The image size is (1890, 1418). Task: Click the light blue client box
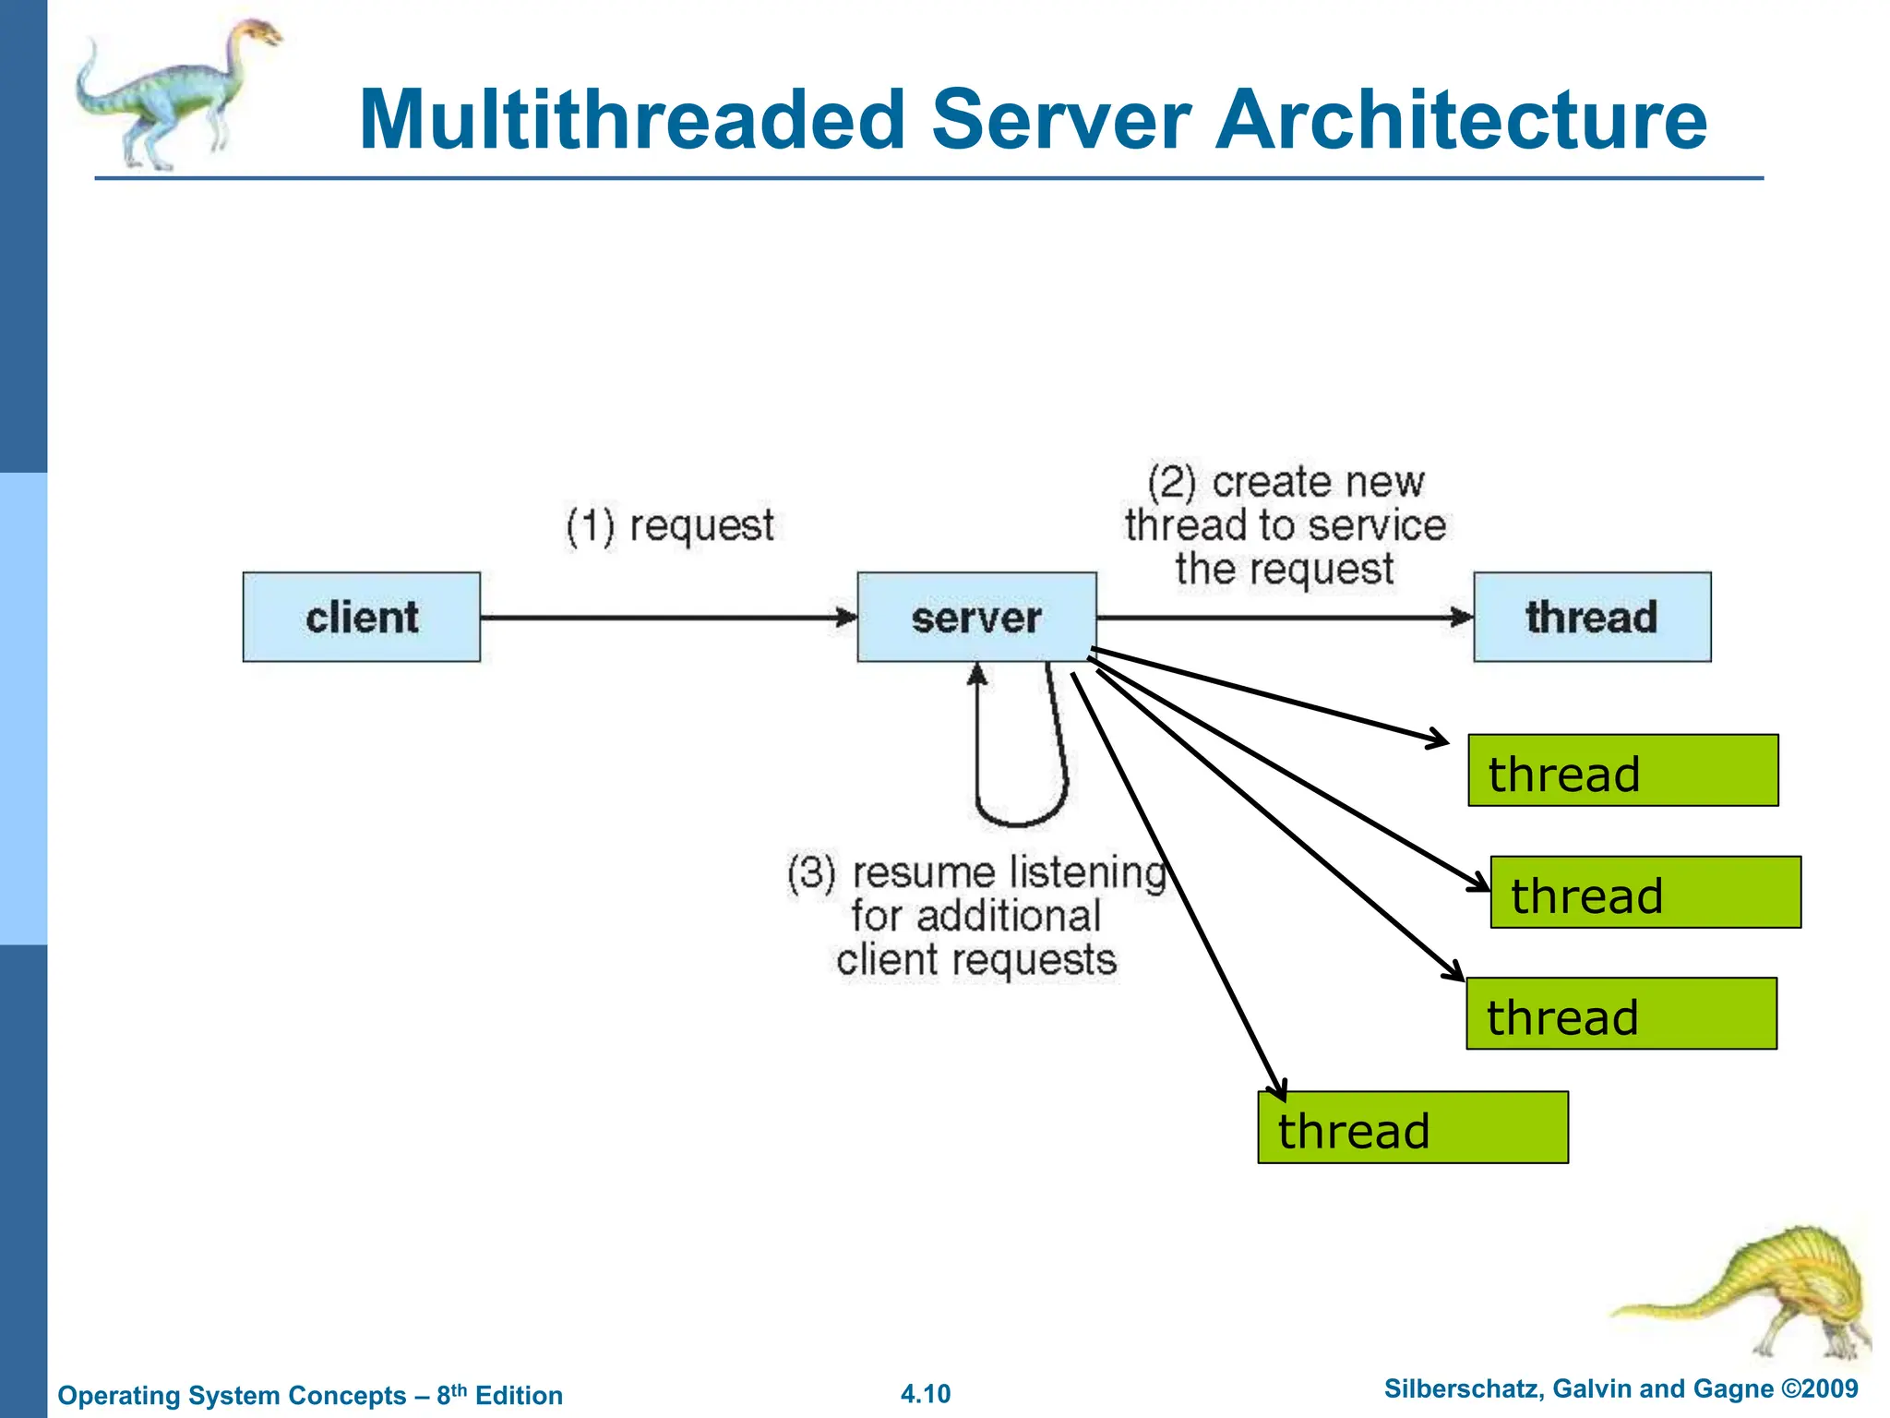tap(362, 617)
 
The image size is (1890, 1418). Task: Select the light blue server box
tap(976, 617)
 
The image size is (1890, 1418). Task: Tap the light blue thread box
tap(1592, 617)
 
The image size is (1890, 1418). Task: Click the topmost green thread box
tap(1622, 771)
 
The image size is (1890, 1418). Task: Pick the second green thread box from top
tap(1645, 893)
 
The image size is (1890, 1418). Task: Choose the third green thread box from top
tap(1621, 1014)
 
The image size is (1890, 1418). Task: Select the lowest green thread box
tap(1413, 1128)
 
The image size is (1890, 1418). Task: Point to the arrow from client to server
tap(664, 618)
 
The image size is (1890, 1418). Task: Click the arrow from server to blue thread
tap(1283, 618)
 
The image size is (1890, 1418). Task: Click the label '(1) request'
tap(670, 526)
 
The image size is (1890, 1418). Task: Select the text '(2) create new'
tap(1286, 482)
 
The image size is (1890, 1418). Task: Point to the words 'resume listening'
tap(1010, 872)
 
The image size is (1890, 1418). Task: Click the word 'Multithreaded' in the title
tap(632, 120)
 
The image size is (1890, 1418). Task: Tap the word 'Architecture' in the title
tap(1461, 120)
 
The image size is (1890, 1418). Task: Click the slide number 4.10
tap(925, 1394)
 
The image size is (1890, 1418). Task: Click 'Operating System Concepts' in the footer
tap(232, 1395)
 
